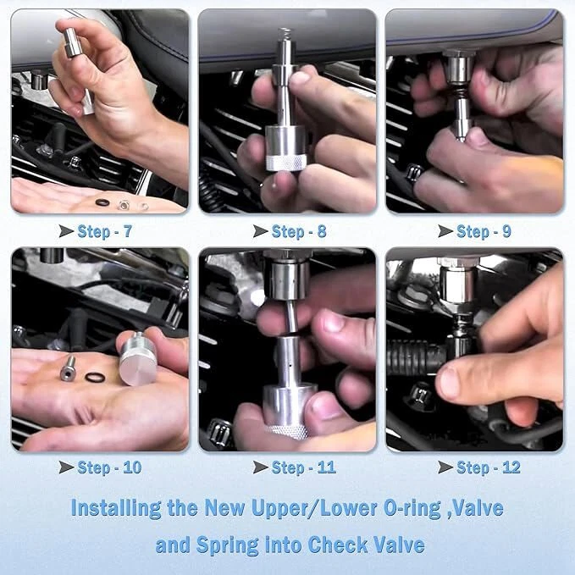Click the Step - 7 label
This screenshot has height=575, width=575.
[104, 232]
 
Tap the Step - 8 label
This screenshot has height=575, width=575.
[299, 232]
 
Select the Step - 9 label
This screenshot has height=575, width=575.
[484, 232]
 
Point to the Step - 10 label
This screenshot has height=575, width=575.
[109, 467]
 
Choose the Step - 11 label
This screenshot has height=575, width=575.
[304, 467]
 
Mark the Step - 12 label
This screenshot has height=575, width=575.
[489, 467]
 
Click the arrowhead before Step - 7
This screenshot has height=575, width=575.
[66, 231]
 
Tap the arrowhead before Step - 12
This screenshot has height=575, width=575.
[445, 467]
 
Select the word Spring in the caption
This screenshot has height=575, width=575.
[228, 545]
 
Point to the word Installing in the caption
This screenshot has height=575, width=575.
[116, 508]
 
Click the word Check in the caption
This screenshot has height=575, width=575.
[338, 545]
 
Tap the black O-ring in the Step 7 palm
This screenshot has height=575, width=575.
[102, 202]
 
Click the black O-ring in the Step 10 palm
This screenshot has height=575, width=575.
[95, 378]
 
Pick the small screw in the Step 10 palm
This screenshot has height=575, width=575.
[69, 368]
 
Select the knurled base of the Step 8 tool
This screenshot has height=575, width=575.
[285, 163]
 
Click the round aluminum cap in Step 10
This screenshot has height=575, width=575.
[138, 359]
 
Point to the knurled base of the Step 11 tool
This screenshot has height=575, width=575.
[288, 432]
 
